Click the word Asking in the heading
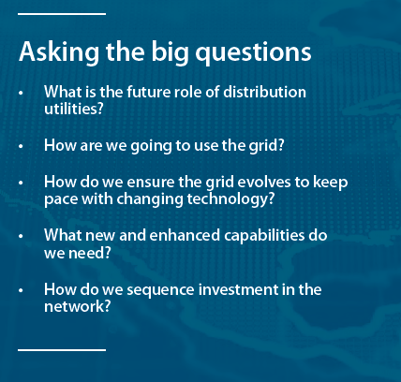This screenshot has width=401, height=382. (59, 52)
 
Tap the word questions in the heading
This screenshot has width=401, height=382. (253, 52)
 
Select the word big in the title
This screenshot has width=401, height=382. (171, 52)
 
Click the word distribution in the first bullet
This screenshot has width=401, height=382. (264, 92)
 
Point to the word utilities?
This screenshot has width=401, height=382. (74, 109)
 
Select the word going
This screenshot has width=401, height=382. (151, 146)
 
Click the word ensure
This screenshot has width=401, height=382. (151, 183)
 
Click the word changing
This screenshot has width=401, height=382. (150, 199)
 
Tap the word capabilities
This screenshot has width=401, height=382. (264, 236)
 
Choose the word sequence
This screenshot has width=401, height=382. (160, 290)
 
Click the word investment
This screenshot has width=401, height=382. (238, 289)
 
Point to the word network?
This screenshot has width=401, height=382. (78, 306)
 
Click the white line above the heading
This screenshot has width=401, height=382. (62, 14)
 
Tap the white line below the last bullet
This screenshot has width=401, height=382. (62, 350)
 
